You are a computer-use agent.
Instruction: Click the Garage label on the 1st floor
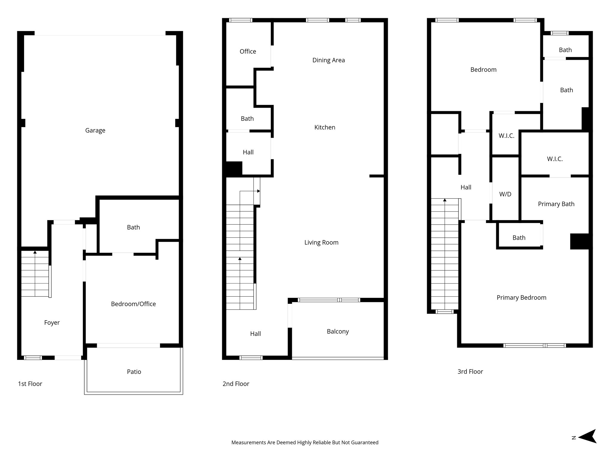click(95, 130)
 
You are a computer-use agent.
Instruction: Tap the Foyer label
click(52, 323)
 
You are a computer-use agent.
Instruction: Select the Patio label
click(134, 372)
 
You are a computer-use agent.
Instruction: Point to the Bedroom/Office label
click(133, 304)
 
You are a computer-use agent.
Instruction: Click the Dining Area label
click(328, 60)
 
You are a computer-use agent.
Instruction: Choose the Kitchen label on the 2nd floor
click(325, 127)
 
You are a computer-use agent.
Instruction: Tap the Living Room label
click(321, 242)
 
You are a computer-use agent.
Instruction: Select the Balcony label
click(337, 332)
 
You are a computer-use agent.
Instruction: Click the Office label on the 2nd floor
click(248, 52)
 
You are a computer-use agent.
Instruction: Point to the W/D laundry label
click(505, 194)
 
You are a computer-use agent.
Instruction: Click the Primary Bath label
click(556, 204)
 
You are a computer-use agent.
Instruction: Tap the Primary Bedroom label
click(521, 298)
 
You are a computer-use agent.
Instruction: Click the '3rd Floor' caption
click(470, 372)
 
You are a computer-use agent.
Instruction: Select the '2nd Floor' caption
click(236, 384)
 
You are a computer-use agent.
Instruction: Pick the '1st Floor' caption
click(30, 384)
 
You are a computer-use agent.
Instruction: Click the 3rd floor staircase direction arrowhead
click(445, 200)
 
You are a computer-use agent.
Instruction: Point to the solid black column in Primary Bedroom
click(579, 241)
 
